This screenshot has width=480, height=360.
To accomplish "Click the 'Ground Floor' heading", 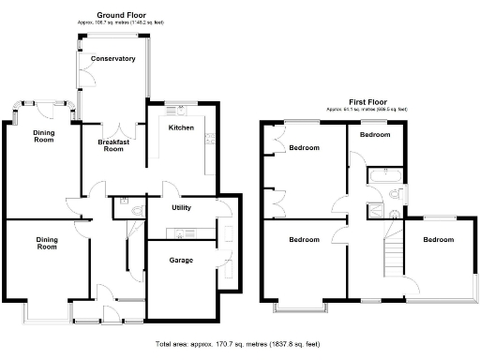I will [113, 16].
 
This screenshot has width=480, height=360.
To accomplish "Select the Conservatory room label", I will [113, 59].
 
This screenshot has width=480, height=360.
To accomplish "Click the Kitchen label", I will [180, 127].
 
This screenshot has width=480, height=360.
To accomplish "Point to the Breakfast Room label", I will [113, 144].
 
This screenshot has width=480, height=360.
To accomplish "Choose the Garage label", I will [181, 260].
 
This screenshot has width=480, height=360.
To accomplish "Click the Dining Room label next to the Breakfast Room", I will [44, 136].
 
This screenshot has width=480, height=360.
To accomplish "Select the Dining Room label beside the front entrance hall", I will [47, 244].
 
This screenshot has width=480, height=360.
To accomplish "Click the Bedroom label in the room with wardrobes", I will [304, 148].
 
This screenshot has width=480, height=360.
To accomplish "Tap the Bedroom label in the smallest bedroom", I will [375, 135].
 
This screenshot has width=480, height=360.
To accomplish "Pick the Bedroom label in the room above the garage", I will [437, 240].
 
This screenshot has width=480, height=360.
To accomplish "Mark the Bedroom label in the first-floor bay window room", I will [304, 240].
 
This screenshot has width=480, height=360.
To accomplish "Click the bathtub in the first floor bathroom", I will [383, 174].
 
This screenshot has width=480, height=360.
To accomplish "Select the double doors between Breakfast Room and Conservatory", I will [114, 127].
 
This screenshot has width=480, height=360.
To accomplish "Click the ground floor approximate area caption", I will [113, 23].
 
